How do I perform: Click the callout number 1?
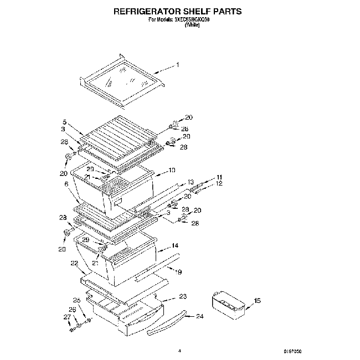point(177,65)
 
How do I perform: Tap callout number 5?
point(64,122)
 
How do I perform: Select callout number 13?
point(191,182)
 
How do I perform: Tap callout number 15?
point(256,301)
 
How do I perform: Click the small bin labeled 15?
point(228,304)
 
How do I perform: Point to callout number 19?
point(179,271)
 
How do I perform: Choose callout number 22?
point(74,263)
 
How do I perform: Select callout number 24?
point(200,317)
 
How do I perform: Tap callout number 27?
point(67,317)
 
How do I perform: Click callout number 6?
point(66,184)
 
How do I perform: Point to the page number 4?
point(179,350)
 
